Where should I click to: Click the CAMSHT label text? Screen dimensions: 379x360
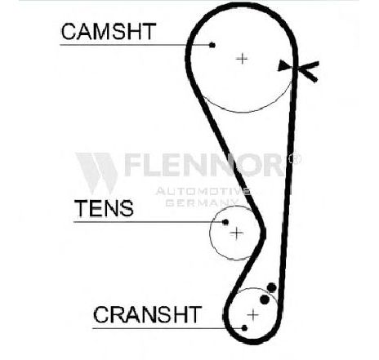pos(109,32)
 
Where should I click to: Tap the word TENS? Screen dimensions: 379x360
pos(104,208)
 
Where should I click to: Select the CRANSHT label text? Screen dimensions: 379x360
pos(147,314)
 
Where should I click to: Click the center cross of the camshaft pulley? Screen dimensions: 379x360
pos(242,59)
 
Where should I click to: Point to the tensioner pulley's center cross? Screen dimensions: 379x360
pos(237,233)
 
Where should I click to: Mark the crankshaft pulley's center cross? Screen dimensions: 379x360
pos(253,315)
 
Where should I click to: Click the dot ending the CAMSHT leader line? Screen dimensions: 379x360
pos(212,45)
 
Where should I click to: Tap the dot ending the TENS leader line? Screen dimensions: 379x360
pos(225,222)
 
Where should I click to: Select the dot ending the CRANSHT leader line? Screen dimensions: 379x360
pos(244,328)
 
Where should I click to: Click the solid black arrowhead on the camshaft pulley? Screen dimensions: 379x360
pos(284,65)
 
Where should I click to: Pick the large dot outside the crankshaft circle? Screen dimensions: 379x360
pos(272,287)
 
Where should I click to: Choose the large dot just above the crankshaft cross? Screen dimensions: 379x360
pos(265,300)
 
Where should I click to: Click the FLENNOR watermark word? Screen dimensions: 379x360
pos(203,165)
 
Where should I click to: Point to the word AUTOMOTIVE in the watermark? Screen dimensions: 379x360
pos(203,191)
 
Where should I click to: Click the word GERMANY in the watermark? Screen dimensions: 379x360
pos(202,203)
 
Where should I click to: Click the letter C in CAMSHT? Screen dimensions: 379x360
pos(69,32)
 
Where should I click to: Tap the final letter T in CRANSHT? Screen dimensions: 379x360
pos(194,314)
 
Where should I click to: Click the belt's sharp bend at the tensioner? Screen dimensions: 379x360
pos(262,232)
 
